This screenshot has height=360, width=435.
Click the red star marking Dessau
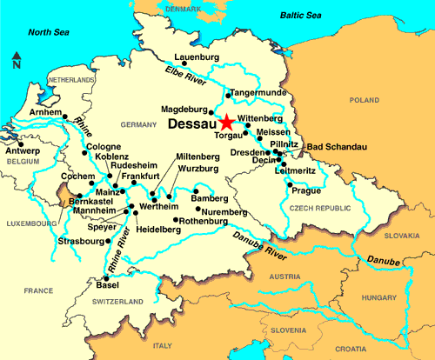coord(226,123)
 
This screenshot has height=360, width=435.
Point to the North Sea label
coord(49,33)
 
